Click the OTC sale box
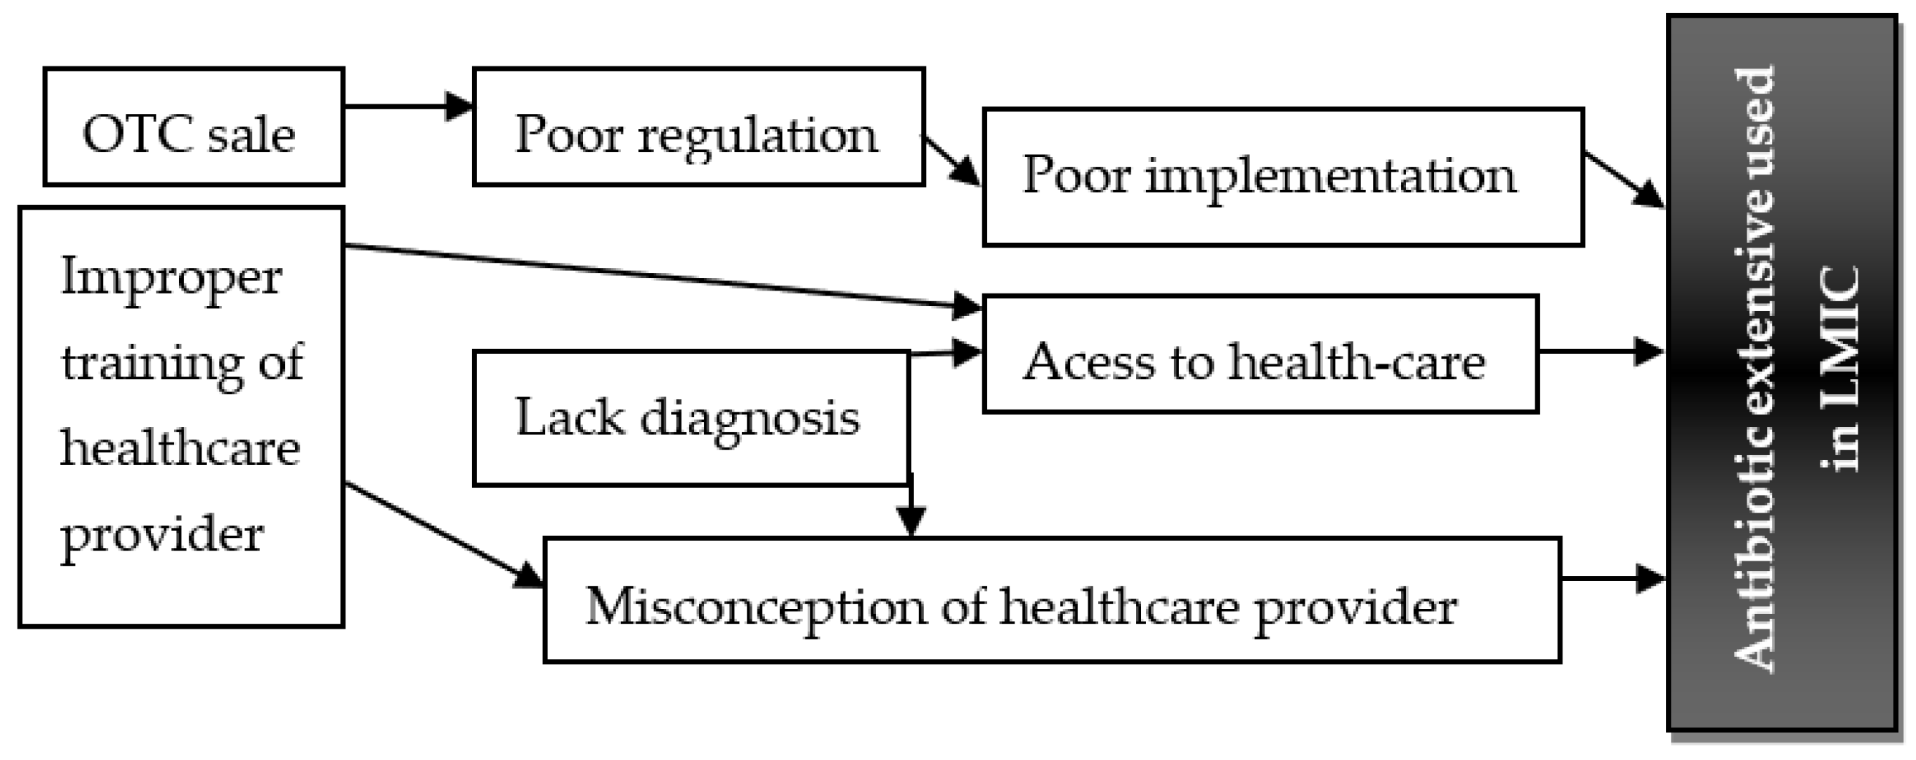(x=194, y=126)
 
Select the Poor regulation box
(x=698, y=126)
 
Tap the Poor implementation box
(x=1283, y=177)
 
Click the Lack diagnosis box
(x=690, y=418)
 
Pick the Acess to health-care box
(x=1260, y=354)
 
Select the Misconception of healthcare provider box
(x=1052, y=600)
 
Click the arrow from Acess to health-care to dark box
(x=1599, y=351)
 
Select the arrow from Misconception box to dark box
(x=1611, y=577)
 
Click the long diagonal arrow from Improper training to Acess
(x=654, y=275)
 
